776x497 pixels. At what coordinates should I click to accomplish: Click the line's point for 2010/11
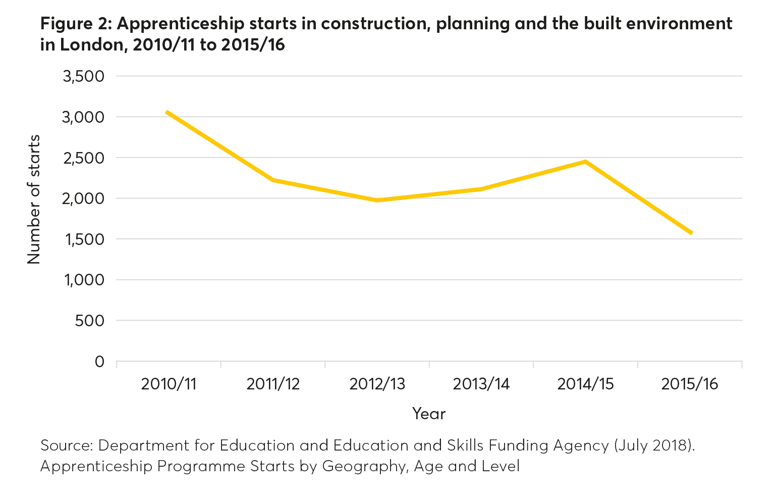coord(167,112)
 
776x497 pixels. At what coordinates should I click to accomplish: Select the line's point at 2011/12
coord(273,180)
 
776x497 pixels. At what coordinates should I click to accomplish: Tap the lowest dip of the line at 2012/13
coord(377,201)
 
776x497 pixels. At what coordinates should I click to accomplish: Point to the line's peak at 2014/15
coord(585,162)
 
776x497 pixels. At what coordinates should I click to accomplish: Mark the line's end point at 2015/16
coord(691,233)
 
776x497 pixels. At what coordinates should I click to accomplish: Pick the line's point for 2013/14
coord(481,189)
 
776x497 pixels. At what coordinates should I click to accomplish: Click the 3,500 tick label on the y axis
coord(83,77)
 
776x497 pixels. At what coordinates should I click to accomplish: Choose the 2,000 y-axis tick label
coord(83,198)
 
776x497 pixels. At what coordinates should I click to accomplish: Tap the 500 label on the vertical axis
coord(89,321)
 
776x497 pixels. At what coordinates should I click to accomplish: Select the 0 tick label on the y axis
coord(99,362)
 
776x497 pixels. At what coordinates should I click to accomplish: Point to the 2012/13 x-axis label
coord(377,384)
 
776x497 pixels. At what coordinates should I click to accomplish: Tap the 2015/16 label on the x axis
coord(689,384)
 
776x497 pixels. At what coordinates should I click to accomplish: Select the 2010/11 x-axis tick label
coord(169,384)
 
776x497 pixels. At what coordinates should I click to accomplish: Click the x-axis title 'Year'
coord(429,414)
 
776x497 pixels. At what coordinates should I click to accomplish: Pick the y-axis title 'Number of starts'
coord(34,200)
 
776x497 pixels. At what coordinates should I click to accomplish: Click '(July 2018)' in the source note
coord(654,445)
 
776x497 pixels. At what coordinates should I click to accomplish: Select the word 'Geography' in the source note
coord(364,466)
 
